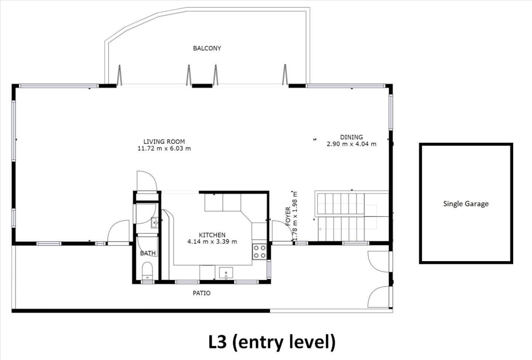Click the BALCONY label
(x=207, y=48)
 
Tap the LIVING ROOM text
(x=164, y=142)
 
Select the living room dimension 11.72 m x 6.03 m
(x=164, y=149)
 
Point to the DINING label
(x=351, y=137)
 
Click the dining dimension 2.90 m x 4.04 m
(x=351, y=144)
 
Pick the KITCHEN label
(x=212, y=235)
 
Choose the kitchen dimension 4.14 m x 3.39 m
(x=212, y=242)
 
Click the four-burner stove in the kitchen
(x=259, y=252)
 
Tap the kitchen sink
(x=226, y=273)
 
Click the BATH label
(x=148, y=253)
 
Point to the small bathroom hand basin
(x=155, y=223)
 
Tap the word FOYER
(x=288, y=216)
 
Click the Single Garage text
(x=466, y=204)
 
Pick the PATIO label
(x=202, y=293)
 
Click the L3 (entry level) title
(x=272, y=342)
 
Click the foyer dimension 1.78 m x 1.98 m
(x=295, y=216)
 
